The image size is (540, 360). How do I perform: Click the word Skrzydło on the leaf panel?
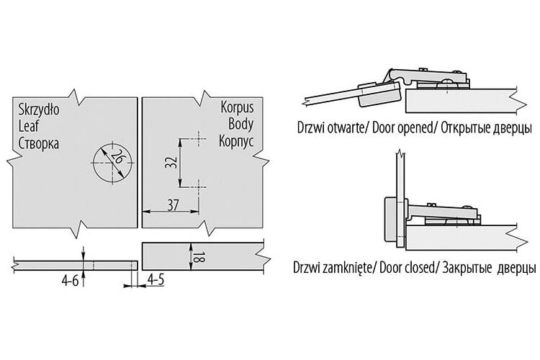coord(39,109)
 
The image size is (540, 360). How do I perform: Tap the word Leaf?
coord(29,126)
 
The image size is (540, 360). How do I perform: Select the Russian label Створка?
coord(39,143)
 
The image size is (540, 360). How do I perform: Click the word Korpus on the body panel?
coord(237,107)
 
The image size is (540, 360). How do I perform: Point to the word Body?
coord(240,124)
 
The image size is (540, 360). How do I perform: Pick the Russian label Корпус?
coord(236,141)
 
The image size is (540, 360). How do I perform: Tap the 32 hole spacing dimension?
coord(171,162)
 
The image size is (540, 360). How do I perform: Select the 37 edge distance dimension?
coord(173,205)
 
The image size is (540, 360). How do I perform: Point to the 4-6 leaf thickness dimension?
coord(70,281)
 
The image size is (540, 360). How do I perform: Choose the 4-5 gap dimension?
coord(156,280)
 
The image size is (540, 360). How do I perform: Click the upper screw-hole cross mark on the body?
coord(198,139)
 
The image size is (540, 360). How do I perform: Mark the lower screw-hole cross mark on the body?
coord(198,187)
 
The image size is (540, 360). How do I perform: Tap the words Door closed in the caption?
coord(407,268)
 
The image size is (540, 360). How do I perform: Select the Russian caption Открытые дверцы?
coord(486,128)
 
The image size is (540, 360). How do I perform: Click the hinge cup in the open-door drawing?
coord(379,94)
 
